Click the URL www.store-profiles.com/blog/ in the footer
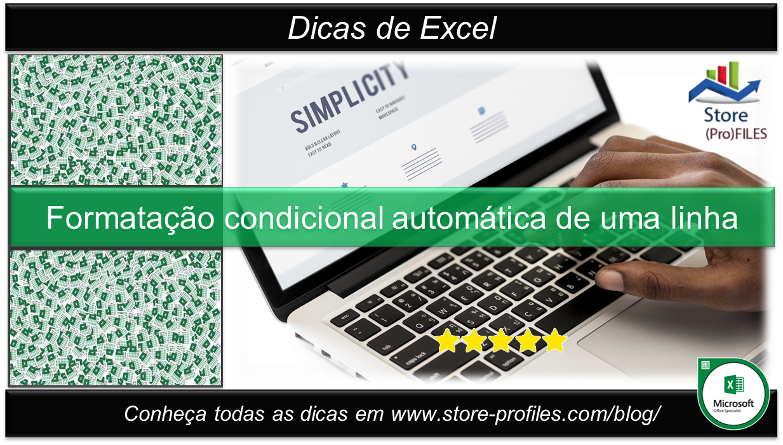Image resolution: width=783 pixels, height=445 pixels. click(x=526, y=414)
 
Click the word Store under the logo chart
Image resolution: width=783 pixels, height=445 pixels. click(x=726, y=115)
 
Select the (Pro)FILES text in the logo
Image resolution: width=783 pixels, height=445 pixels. click(x=736, y=134)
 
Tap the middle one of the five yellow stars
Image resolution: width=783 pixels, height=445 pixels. click(x=501, y=341)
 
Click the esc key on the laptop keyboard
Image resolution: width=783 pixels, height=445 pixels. click(x=347, y=316)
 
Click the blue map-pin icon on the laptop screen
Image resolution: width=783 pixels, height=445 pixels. click(x=414, y=147)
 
